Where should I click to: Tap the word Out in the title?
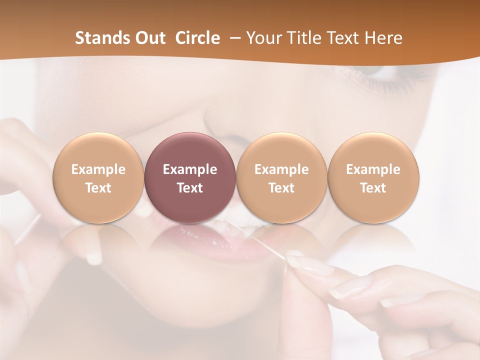[148, 38]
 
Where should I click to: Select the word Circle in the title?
[197, 38]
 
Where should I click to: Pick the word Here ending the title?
[384, 38]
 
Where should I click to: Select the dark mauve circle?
[190, 177]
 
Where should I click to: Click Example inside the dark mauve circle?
[190, 169]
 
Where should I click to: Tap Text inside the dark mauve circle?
[190, 188]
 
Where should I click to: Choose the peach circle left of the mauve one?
[98, 177]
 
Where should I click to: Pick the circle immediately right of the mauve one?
[281, 177]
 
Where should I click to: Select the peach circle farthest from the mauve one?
[373, 177]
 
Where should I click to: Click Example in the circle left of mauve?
[98, 169]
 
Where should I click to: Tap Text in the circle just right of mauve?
[281, 188]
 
